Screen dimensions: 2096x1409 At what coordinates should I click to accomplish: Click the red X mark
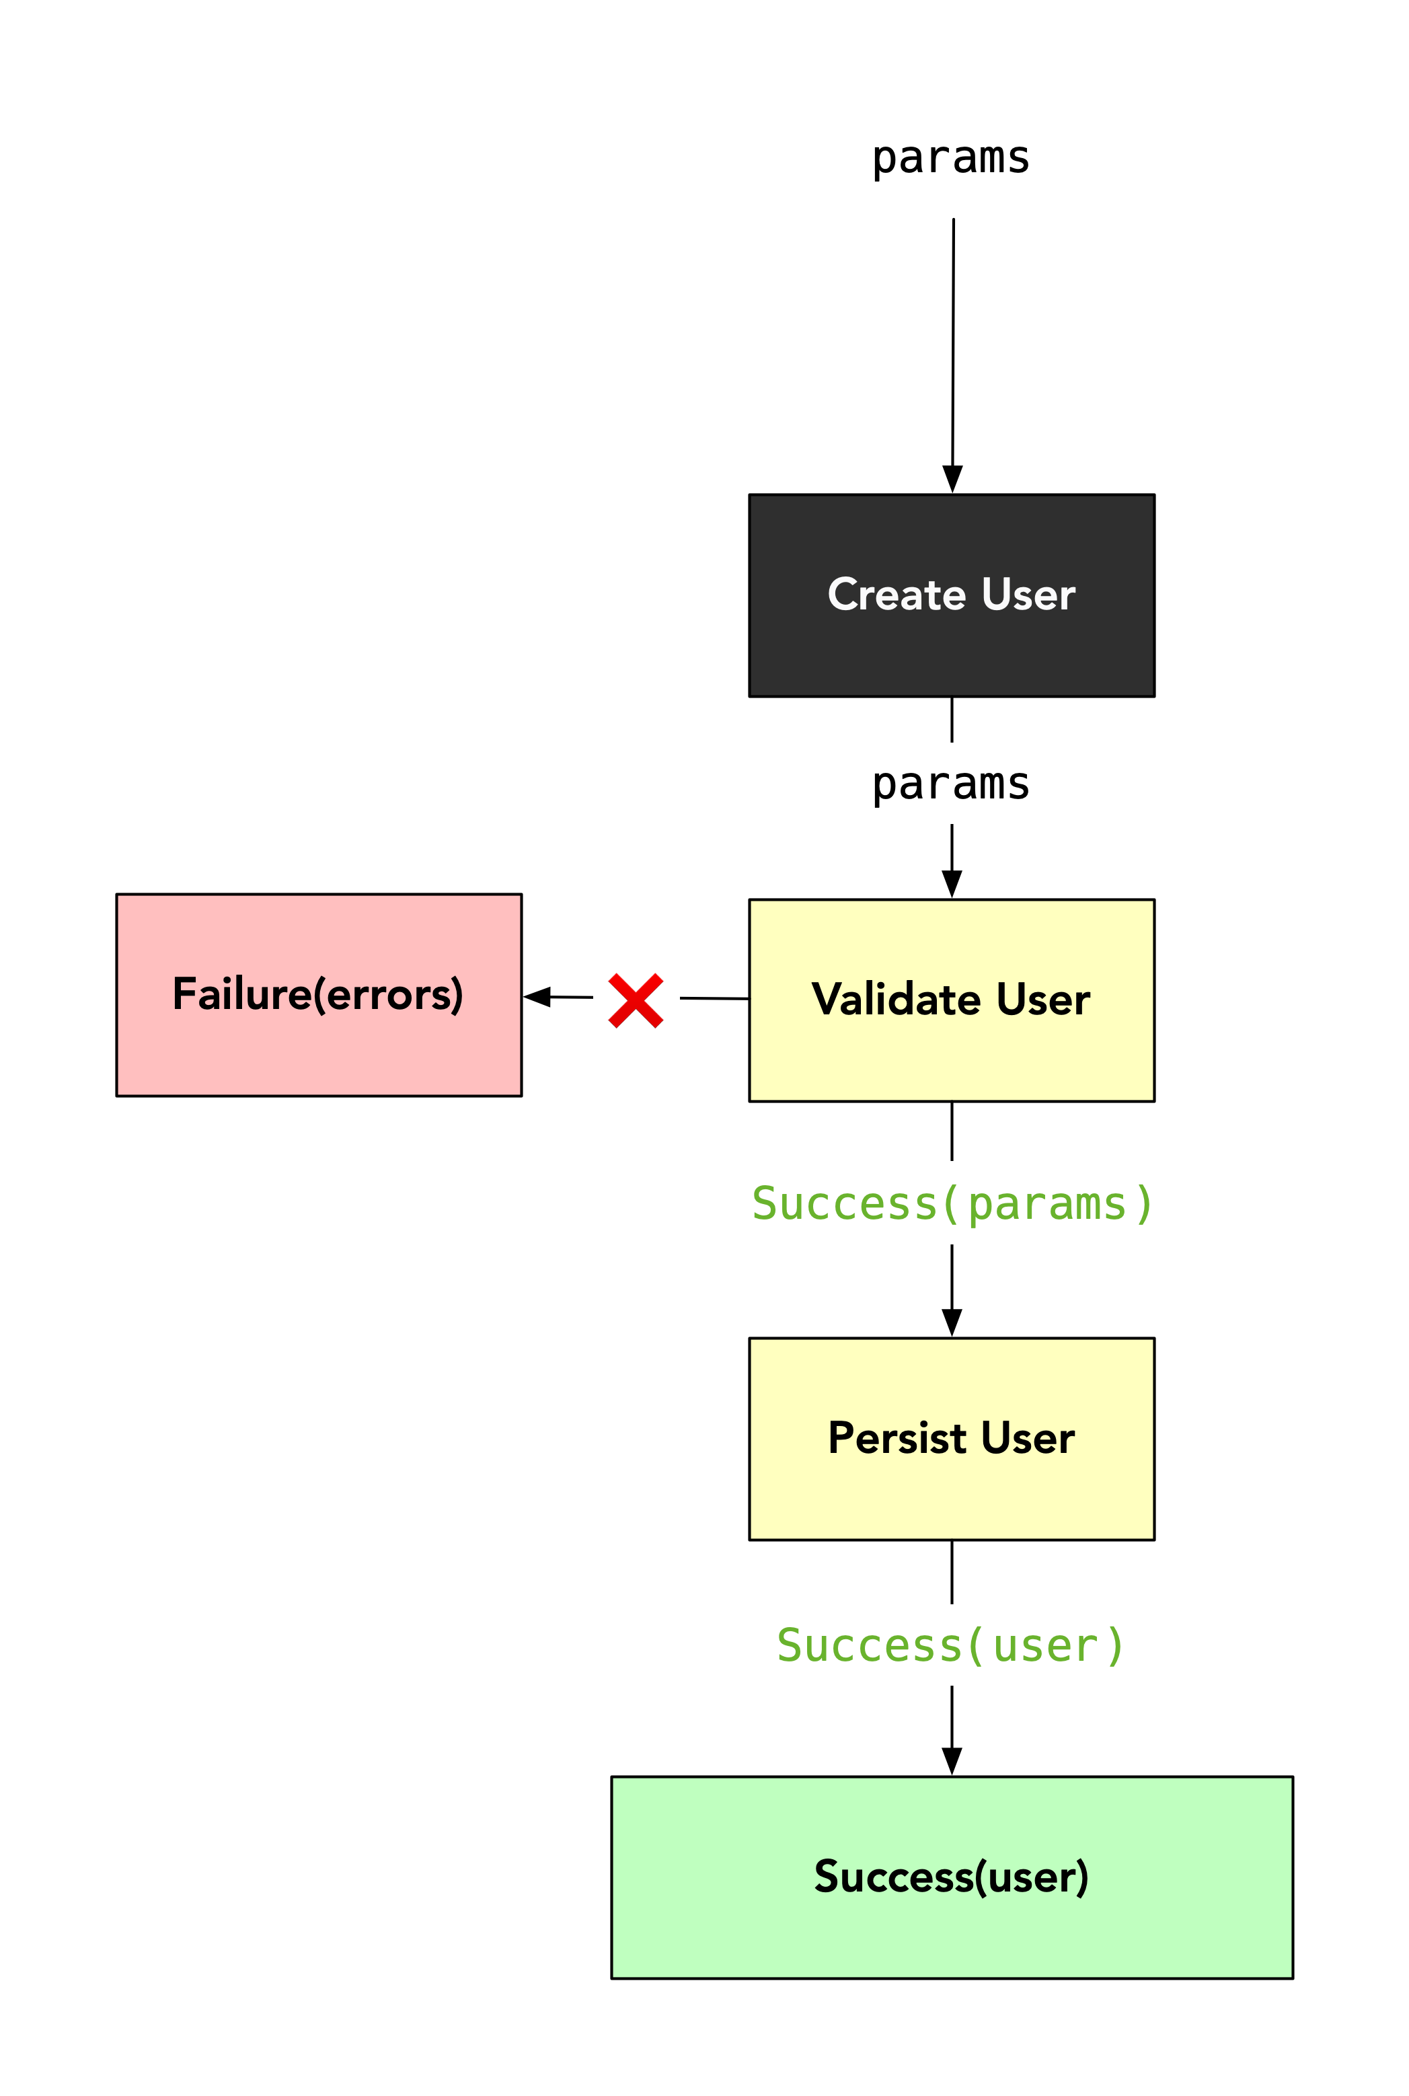click(x=636, y=1000)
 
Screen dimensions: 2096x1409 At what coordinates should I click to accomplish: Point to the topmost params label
click(x=951, y=157)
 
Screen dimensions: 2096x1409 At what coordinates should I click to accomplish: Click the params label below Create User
click(x=951, y=784)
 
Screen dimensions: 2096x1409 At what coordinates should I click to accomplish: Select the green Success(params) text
click(x=951, y=1203)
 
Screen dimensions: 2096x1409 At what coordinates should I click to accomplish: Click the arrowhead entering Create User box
click(x=952, y=479)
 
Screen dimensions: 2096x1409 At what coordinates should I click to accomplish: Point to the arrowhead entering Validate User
click(x=952, y=883)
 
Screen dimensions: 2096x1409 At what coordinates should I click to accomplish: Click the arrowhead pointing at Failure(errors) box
click(x=538, y=997)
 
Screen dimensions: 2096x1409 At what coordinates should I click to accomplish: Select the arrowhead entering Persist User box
click(x=952, y=1322)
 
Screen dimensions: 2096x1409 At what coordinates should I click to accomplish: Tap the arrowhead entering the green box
click(x=952, y=1761)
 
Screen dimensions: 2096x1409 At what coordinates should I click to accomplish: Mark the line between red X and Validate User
click(x=714, y=999)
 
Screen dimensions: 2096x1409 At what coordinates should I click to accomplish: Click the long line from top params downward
click(x=954, y=342)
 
